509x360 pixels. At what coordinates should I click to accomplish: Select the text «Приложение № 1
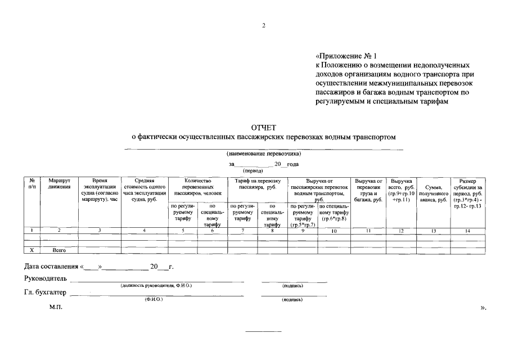pos(349,56)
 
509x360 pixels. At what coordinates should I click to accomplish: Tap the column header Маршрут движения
pos(59,184)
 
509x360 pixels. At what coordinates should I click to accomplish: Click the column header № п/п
pos(31,184)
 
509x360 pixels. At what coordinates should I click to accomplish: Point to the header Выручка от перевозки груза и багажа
pos(368,190)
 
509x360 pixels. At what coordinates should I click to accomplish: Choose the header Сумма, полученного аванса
pos(433,193)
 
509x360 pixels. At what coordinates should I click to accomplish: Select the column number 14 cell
pos(467,230)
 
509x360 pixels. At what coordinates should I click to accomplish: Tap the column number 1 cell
pos(31,230)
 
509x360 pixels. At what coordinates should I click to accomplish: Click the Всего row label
pos(59,249)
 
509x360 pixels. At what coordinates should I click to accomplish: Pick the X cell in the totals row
pos(31,249)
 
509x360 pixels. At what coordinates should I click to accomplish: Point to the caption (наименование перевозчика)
pos(264,154)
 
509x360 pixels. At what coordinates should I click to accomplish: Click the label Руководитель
pos(46,279)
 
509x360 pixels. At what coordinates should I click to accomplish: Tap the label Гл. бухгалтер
pos(45,292)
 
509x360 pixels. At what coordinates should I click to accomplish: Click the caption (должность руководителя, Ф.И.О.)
pos(156,286)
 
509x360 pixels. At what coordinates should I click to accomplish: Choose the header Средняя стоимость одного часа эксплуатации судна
pos(145,190)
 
